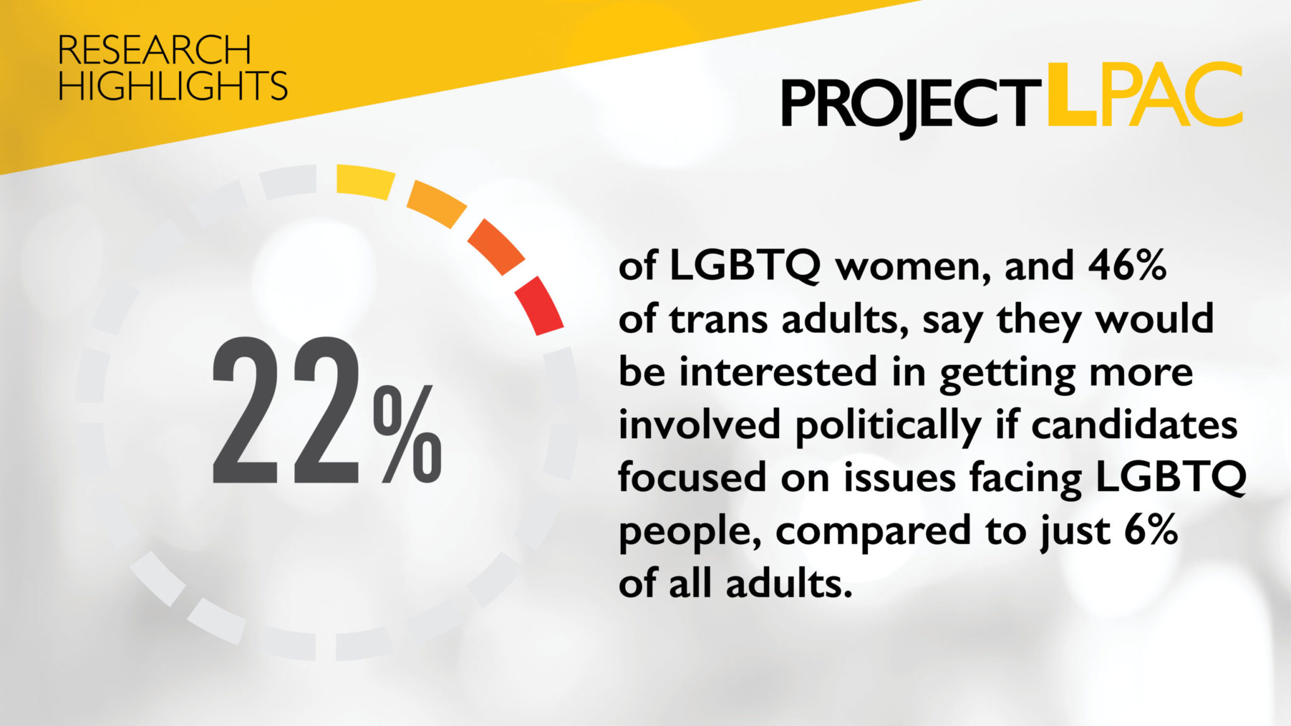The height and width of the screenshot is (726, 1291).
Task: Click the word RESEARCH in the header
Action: tap(154, 50)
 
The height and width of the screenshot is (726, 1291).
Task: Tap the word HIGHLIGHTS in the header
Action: tap(173, 86)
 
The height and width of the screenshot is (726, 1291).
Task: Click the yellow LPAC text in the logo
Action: tap(1144, 95)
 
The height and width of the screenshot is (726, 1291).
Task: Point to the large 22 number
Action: tap(286, 410)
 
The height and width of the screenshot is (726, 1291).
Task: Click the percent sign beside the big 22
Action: tap(407, 434)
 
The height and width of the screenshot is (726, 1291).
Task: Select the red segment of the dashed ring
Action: tap(539, 305)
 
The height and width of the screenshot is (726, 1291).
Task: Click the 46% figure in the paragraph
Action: tap(1127, 266)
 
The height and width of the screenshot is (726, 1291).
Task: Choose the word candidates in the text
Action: tap(1134, 425)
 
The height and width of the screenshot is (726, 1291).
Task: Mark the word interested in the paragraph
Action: tap(777, 372)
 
